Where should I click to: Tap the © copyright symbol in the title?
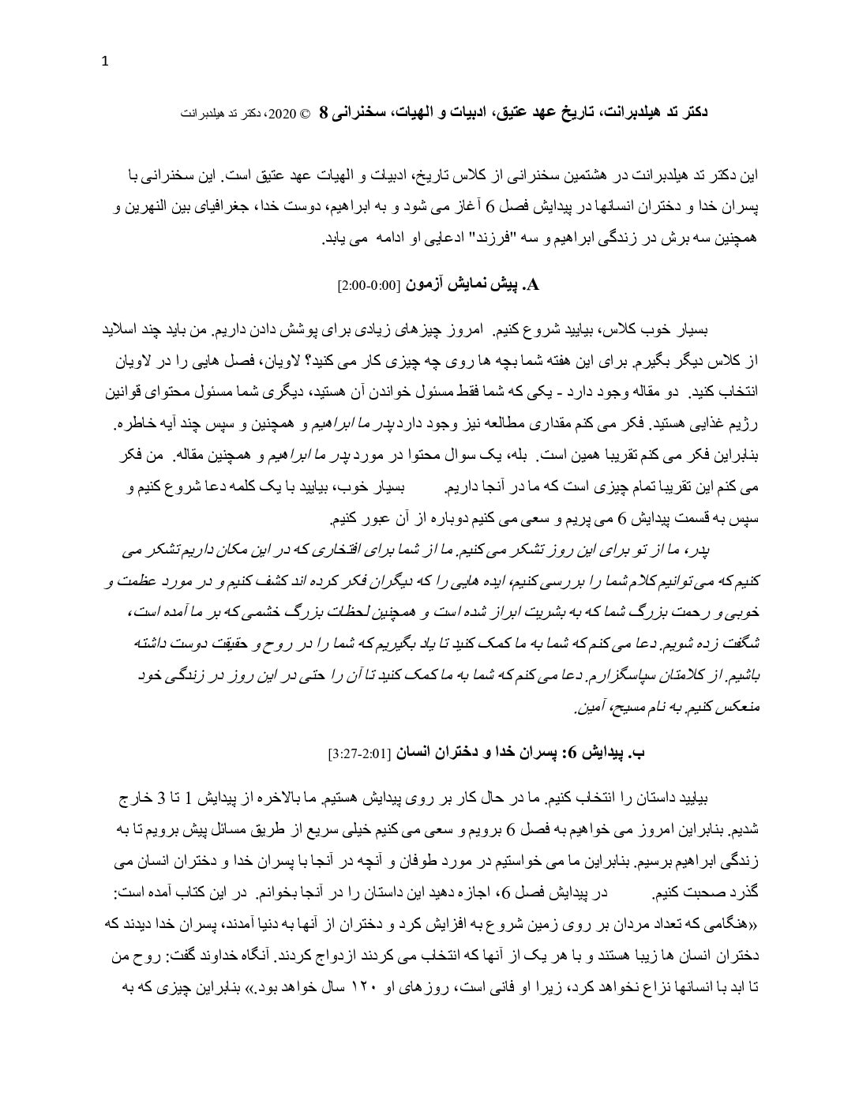pyautogui.click(x=305, y=114)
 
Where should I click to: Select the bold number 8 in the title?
pyautogui.click(x=323, y=113)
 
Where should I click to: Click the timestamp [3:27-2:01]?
pyautogui.click(x=360, y=754)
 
